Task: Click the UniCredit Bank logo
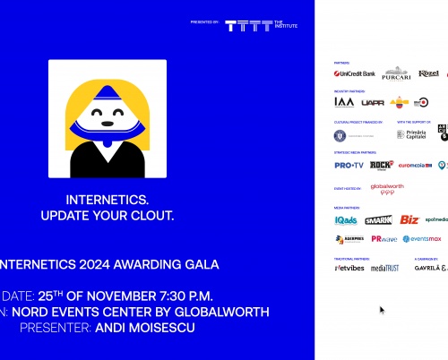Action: coord(355,73)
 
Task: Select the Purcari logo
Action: coord(396,73)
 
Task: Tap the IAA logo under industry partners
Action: coord(344,102)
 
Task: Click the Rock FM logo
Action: coord(382,165)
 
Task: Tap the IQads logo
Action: coord(346,219)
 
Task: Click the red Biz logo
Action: coord(409,219)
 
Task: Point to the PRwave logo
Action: coord(384,239)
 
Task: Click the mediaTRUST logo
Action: coord(385,268)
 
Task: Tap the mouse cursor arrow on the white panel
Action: coord(382,310)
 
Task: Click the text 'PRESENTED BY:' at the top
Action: coord(204,21)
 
